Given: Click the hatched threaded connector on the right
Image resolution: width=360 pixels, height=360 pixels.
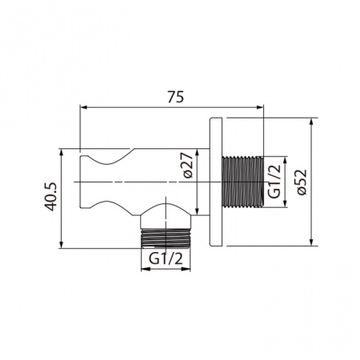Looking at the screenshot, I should click(x=242, y=182).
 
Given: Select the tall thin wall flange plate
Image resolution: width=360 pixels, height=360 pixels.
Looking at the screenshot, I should click(x=215, y=182).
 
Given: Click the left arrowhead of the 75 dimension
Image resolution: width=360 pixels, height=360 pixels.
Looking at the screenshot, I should click(x=82, y=106).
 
